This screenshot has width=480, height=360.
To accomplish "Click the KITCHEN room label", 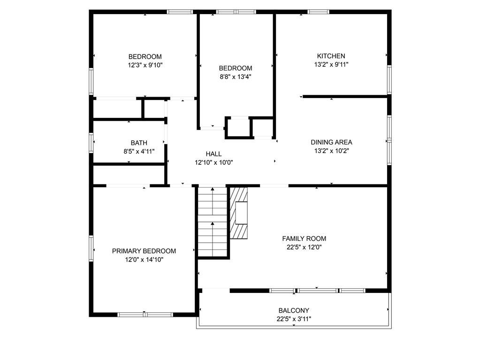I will pyautogui.click(x=331, y=56).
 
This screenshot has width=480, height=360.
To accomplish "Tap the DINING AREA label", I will pyautogui.click(x=331, y=142).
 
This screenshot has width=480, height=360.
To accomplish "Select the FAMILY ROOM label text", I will pyautogui.click(x=304, y=238).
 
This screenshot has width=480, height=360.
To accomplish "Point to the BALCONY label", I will pyautogui.click(x=294, y=310).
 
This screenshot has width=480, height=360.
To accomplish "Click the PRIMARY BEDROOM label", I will pyautogui.click(x=144, y=251).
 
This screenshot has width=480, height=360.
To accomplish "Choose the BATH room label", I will pyautogui.click(x=139, y=143).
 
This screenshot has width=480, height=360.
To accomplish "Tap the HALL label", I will pyautogui.click(x=213, y=154).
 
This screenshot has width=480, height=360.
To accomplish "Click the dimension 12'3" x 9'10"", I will pyautogui.click(x=145, y=65).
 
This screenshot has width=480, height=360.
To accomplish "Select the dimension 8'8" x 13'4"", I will pyautogui.click(x=236, y=77).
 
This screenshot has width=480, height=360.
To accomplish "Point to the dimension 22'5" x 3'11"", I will pyautogui.click(x=294, y=319).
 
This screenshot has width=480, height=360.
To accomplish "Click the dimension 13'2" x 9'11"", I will pyautogui.click(x=331, y=64).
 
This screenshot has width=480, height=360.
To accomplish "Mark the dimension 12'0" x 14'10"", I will pyautogui.click(x=144, y=260).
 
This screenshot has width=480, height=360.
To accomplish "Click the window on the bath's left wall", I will pyautogui.click(x=91, y=142).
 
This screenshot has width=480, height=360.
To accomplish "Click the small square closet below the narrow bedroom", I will pyautogui.click(x=239, y=128).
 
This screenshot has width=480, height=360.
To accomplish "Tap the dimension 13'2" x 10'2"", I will pyautogui.click(x=331, y=151).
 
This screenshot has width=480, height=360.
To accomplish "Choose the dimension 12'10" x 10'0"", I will pyautogui.click(x=213, y=162).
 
